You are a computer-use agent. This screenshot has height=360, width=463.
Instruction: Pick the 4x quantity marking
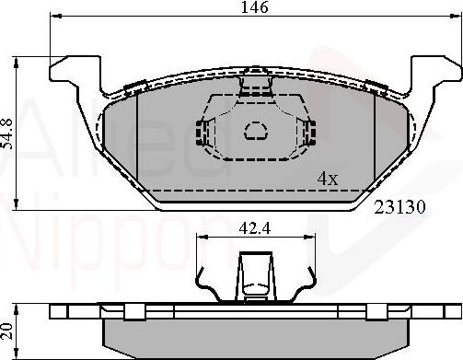click(x=328, y=179)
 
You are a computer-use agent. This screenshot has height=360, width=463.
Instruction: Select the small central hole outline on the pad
click(x=254, y=132)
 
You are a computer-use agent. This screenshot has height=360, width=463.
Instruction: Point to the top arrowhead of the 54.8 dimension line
click(x=23, y=62)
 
